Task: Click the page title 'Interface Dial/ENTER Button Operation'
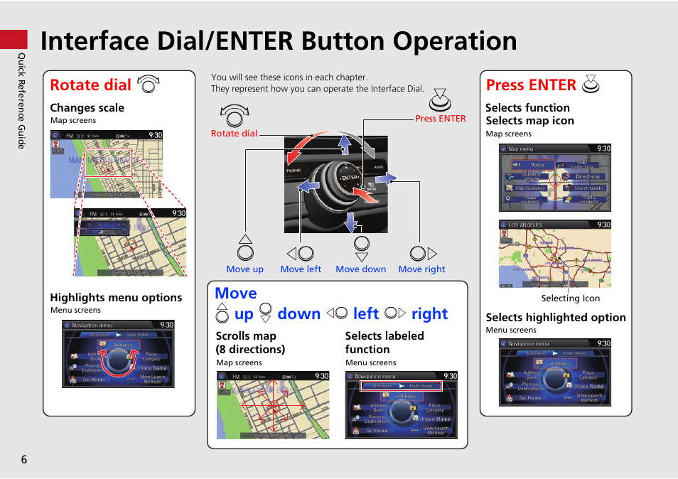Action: coord(279,41)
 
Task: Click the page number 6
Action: coord(23,459)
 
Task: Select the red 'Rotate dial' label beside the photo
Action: coord(234,133)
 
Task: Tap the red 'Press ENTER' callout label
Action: coord(441,119)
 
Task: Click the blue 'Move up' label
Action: coord(244,269)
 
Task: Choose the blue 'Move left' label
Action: coord(301,269)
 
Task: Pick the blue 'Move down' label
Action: coord(360,269)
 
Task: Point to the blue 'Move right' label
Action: coord(421,269)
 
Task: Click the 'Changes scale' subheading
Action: coord(87,108)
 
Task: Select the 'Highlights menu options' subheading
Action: coord(116,298)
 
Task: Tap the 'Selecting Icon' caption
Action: coord(570,298)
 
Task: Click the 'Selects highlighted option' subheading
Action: coord(556,318)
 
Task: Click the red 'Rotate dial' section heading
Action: coord(91,85)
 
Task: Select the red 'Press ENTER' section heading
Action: coord(531,85)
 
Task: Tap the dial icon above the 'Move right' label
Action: coord(422,253)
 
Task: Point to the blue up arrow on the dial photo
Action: coord(344,144)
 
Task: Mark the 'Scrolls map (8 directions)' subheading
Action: coord(250,343)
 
